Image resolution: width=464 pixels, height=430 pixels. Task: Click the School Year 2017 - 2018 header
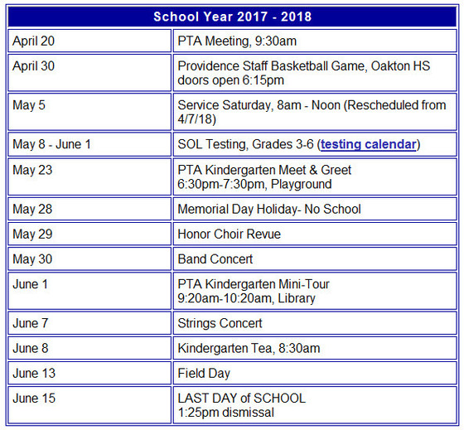[x=232, y=17]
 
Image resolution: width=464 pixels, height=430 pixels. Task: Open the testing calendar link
[x=368, y=144]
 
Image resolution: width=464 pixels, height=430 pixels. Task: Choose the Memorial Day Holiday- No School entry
[x=269, y=209]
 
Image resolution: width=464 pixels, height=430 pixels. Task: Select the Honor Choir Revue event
[x=229, y=234]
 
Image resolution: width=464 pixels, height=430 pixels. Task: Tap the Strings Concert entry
[x=220, y=323]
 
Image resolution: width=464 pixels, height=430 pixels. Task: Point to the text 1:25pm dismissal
[x=225, y=412]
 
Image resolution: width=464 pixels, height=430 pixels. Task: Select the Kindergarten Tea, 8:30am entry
[x=249, y=348]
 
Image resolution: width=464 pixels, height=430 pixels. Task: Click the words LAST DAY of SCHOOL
[x=241, y=399]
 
